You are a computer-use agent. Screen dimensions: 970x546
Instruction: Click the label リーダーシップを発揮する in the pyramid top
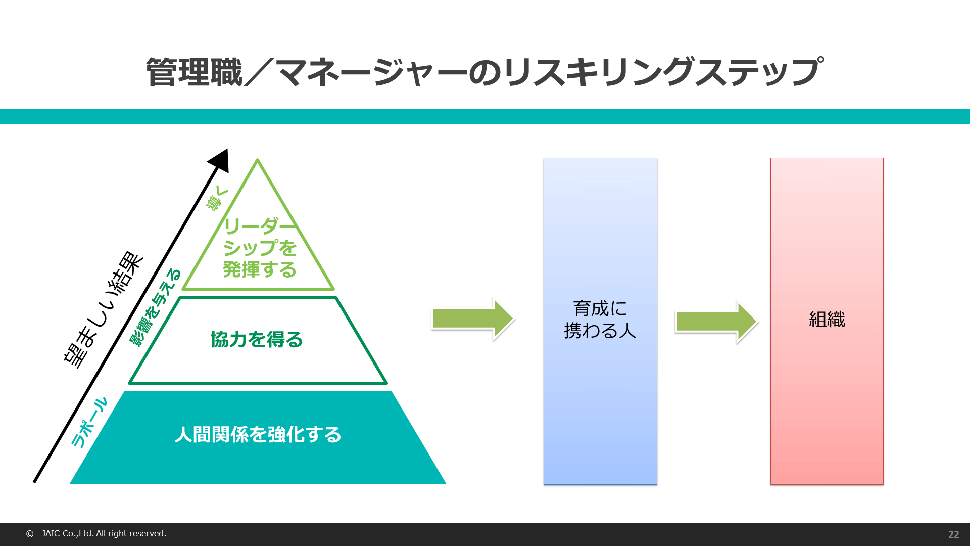[x=260, y=248]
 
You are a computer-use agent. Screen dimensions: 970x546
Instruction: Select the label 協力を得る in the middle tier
[x=257, y=340]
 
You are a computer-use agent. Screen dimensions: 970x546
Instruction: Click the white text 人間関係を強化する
[x=258, y=435]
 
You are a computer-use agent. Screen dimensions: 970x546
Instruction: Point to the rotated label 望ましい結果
[x=104, y=309]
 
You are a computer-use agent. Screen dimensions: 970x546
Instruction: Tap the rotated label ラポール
[x=89, y=423]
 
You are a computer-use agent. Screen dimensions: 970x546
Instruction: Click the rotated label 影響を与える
[x=155, y=307]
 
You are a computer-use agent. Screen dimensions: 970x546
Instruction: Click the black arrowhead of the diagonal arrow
[x=221, y=160]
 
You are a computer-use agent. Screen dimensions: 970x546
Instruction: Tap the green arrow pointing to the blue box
[x=473, y=318]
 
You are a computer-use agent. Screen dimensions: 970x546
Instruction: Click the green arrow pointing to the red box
[x=716, y=322]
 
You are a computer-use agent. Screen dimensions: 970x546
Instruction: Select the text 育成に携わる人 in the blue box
[x=600, y=320]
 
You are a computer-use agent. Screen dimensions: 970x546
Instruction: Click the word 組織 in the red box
[x=827, y=320]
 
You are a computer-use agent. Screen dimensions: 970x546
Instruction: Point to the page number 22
[x=953, y=534]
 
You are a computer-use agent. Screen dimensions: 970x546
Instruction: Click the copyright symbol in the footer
[x=30, y=534]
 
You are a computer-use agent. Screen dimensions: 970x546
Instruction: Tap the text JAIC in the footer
[x=51, y=533]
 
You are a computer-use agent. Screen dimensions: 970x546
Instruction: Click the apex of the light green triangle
[x=258, y=160]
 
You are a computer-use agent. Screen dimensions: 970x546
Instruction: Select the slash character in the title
[x=259, y=72]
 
